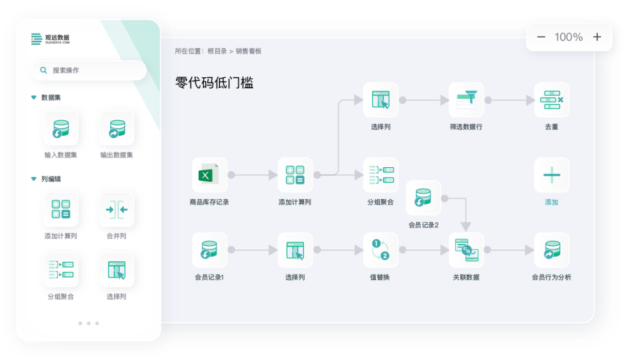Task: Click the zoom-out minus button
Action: [541, 37]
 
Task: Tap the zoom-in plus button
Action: [597, 37]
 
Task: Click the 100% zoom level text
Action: [568, 37]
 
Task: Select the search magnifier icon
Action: [44, 70]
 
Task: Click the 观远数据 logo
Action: [51, 39]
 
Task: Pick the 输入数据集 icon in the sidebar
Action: [61, 128]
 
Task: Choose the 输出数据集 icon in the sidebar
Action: [117, 128]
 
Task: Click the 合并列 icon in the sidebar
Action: [117, 210]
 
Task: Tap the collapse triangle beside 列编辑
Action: [34, 179]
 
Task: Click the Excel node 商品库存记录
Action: [209, 175]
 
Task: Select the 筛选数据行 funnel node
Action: [466, 100]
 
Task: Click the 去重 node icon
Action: [552, 100]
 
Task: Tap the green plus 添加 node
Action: [552, 175]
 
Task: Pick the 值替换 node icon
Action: [380, 250]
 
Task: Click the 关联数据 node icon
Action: [466, 250]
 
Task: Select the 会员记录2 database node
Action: [423, 197]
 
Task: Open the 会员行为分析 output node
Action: [552, 250]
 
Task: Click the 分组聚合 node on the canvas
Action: [380, 175]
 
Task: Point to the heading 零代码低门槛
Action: [214, 83]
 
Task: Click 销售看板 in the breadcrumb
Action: [248, 51]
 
